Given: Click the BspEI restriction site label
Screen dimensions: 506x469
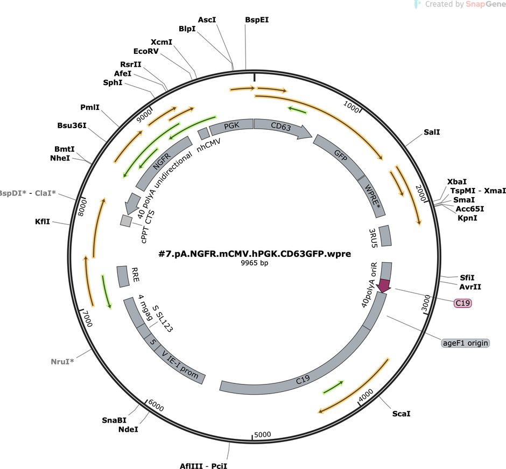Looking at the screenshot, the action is click(x=257, y=20).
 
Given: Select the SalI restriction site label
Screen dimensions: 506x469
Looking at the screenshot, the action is click(x=432, y=132).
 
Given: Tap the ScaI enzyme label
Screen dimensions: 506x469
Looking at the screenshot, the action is click(x=402, y=414).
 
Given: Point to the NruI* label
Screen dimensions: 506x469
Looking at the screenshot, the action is click(x=62, y=361).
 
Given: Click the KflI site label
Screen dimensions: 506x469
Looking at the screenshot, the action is click(x=43, y=221).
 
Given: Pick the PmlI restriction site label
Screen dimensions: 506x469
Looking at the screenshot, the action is click(x=90, y=107).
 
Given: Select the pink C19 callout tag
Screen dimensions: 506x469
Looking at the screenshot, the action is click(x=463, y=303).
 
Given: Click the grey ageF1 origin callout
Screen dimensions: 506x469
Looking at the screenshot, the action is click(x=465, y=343).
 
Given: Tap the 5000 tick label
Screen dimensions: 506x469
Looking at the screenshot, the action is click(x=262, y=435).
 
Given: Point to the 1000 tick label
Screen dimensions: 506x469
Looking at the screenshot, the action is click(x=351, y=107).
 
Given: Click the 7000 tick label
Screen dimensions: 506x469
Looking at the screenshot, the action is click(x=87, y=319).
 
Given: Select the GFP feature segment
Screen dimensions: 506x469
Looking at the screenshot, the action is click(x=340, y=156).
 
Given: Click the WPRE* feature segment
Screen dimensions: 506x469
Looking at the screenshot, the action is click(x=372, y=196).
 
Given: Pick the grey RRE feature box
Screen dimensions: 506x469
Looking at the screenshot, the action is click(x=123, y=277).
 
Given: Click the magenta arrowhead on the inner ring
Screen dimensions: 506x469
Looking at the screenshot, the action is click(x=384, y=286).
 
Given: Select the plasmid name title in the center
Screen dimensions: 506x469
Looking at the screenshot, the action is click(x=255, y=254).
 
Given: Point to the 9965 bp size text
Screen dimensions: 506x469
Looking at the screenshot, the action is click(x=255, y=263).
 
